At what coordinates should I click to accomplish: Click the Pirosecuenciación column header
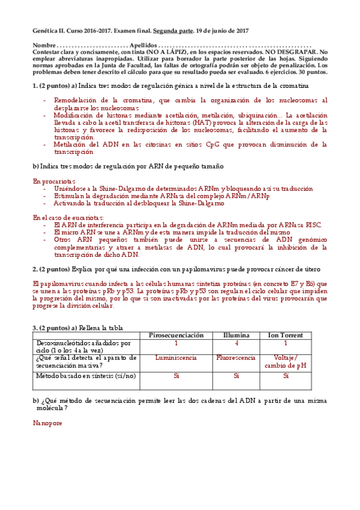pos(176,335)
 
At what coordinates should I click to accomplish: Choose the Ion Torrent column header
pos(285,335)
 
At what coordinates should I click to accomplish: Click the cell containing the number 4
pos(236,343)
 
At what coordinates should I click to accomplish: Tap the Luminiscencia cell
pos(176,358)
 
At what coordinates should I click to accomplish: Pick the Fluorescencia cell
pos(236,358)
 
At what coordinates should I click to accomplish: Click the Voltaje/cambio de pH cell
pos(286,362)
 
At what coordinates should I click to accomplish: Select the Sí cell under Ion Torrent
pos(286,376)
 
